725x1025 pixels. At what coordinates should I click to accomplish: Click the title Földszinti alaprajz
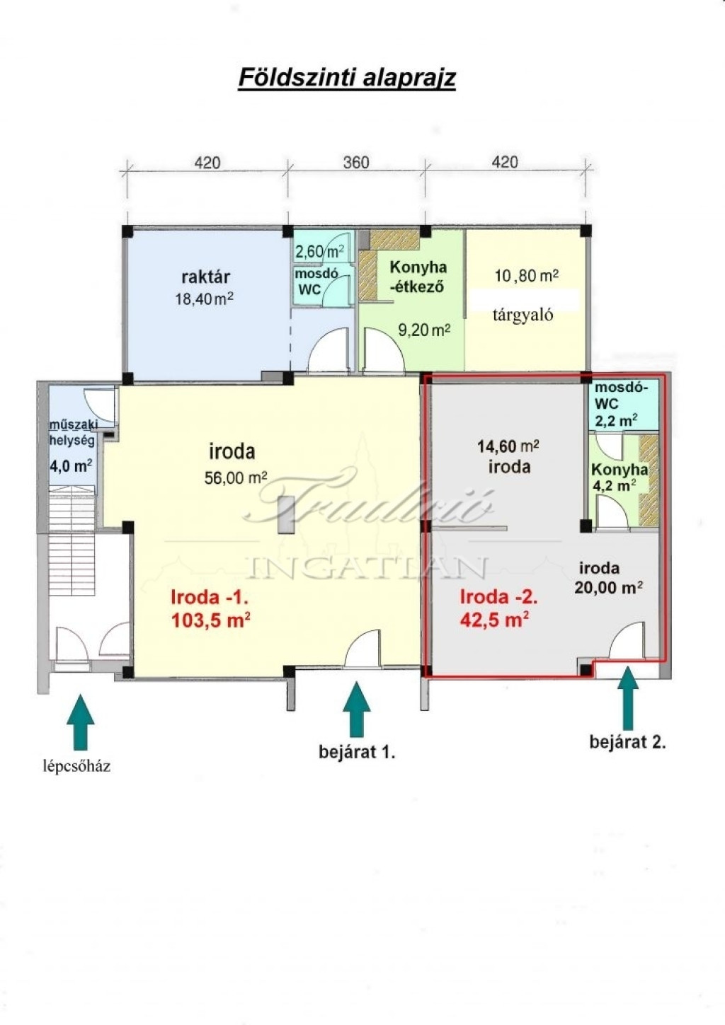pos(347,78)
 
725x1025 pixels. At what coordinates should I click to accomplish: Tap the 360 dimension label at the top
pos(356,163)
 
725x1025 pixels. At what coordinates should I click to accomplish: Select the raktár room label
pos(205,277)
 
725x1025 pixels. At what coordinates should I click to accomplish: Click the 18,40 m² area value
pos(205,299)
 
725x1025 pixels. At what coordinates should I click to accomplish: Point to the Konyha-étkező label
pos(418,277)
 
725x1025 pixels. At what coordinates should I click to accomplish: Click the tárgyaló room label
pos(523,315)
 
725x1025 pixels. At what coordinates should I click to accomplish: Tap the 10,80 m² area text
pos(527,275)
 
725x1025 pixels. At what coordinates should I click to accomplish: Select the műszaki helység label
pos(73,432)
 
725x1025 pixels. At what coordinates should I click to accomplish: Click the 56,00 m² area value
pos(236,478)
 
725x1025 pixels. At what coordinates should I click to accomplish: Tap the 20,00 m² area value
pos(607,587)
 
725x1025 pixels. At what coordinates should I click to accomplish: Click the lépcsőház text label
pos(77,767)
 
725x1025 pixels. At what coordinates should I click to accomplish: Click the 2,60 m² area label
pos(319,251)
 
